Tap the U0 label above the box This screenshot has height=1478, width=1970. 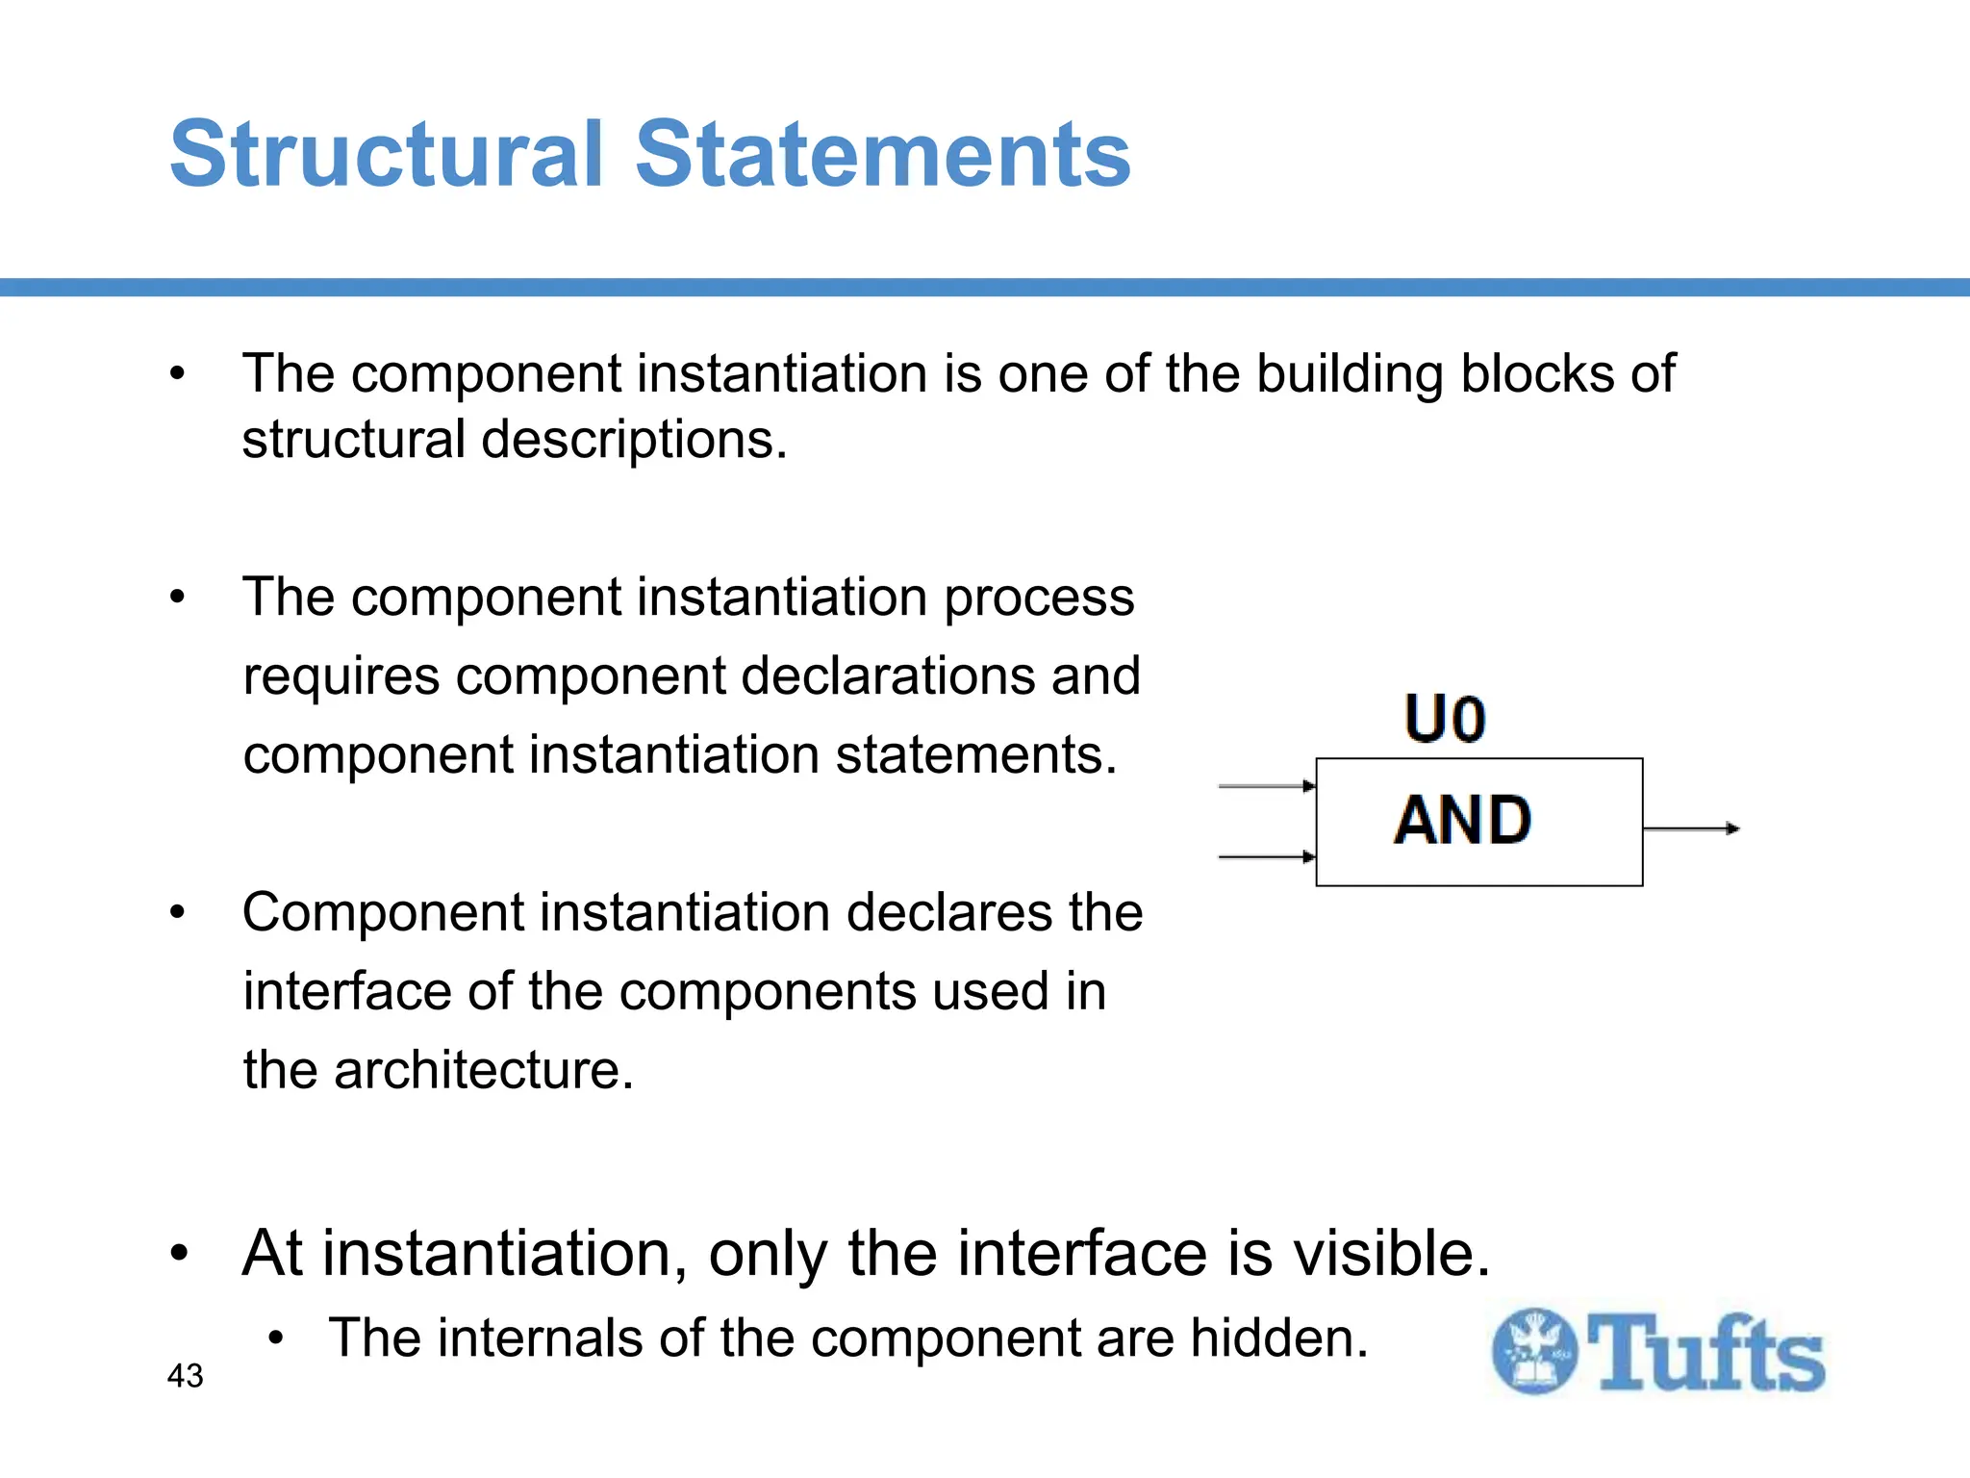tap(1445, 720)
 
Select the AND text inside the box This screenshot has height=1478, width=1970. tap(1462, 821)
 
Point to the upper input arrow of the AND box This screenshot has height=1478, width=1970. tap(1267, 786)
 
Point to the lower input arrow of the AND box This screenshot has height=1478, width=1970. tap(1267, 856)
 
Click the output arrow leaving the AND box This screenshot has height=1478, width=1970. tap(1691, 828)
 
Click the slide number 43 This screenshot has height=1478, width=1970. tap(185, 1376)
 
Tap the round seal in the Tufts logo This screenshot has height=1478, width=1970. tap(1534, 1351)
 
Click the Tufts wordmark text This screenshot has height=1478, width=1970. tap(1705, 1353)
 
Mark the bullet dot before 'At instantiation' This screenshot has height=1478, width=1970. tap(179, 1255)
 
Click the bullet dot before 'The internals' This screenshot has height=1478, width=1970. tap(277, 1338)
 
